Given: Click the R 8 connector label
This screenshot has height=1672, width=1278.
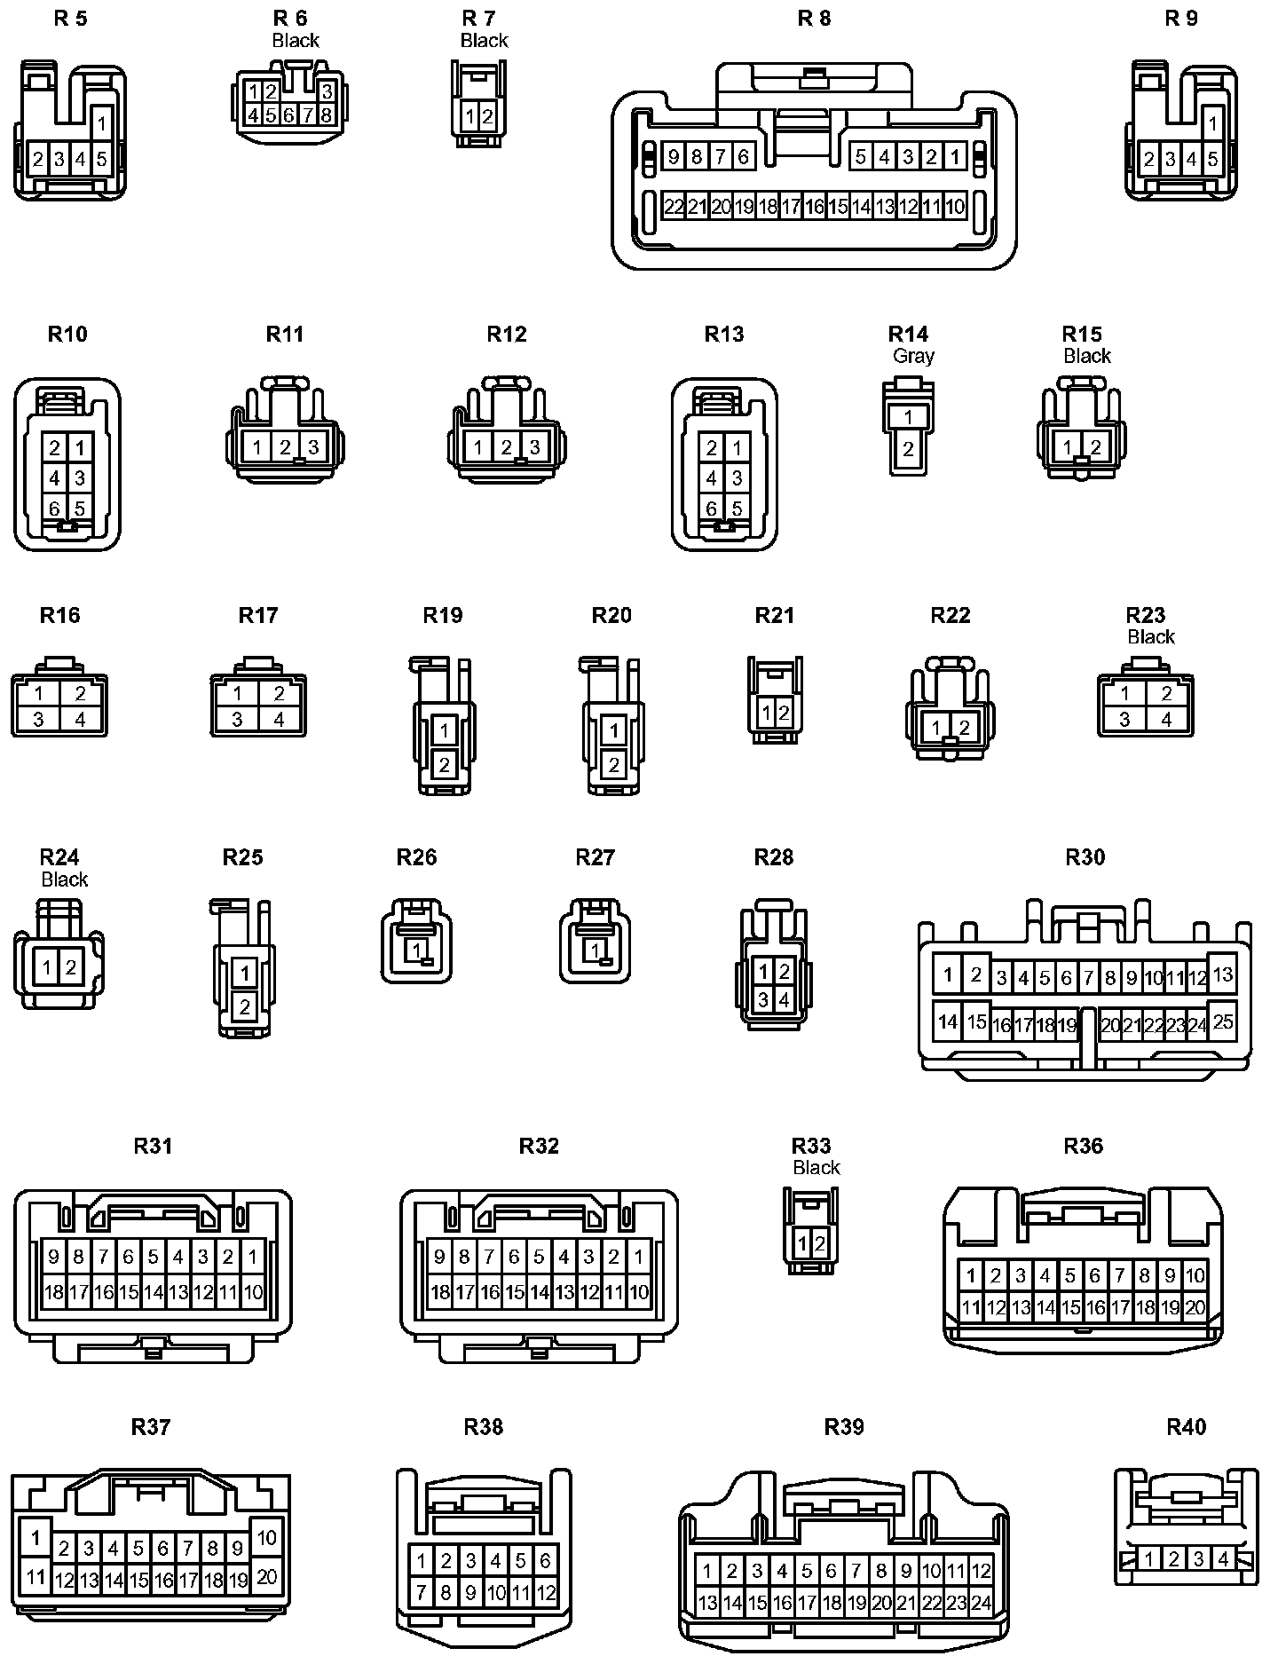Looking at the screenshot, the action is [814, 18].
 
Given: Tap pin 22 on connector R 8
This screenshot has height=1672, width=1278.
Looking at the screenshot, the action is [674, 207].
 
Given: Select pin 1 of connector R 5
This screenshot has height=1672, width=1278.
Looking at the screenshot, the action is [101, 123].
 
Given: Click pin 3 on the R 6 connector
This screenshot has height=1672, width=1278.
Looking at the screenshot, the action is [327, 91].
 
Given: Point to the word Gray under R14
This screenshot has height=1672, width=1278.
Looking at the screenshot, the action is [913, 356].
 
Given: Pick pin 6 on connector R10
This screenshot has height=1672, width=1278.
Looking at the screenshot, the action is [55, 509].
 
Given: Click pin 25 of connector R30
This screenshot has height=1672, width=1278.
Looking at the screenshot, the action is [1222, 1021].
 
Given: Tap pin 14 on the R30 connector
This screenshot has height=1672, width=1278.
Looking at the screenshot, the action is [948, 1021].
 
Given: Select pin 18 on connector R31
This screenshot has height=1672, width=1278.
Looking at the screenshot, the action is [54, 1292].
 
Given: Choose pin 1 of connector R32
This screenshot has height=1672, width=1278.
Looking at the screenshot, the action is [639, 1257].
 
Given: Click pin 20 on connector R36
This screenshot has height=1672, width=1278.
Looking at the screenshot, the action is [1195, 1307].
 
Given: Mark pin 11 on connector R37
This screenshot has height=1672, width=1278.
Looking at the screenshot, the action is [35, 1577].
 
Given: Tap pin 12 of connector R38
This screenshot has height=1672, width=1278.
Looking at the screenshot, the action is [546, 1593].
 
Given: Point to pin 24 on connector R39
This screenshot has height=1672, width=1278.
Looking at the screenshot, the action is [981, 1604].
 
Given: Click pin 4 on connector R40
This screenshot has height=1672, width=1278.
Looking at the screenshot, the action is [1224, 1558].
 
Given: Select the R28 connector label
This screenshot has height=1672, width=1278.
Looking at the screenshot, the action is [773, 857].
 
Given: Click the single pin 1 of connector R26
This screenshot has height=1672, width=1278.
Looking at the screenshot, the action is [415, 950].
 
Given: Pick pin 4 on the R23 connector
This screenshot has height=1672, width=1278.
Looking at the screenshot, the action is [1167, 719].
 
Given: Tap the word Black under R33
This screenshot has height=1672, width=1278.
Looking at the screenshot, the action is [816, 1168].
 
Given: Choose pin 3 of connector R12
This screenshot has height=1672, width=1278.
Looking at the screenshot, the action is [534, 447].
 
